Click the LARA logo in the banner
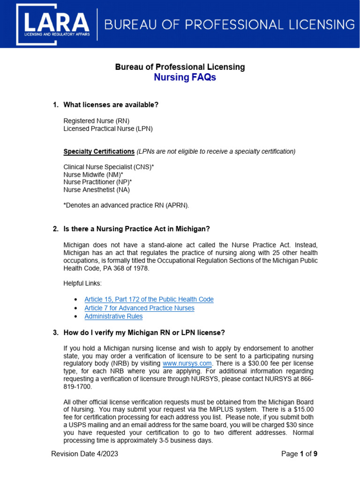click(x=52, y=25)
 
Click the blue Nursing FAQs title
click(x=185, y=77)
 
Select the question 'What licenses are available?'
click(x=111, y=105)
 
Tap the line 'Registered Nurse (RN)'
click(x=96, y=120)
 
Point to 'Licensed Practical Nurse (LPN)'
click(x=108, y=128)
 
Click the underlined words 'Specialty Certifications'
click(x=99, y=151)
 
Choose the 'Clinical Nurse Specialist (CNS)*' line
click(x=109, y=167)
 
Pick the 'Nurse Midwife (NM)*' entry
click(x=93, y=174)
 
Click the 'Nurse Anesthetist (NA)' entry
click(x=97, y=190)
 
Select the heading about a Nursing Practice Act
click(x=136, y=229)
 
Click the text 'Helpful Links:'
click(x=82, y=283)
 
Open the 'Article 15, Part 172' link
click(x=149, y=299)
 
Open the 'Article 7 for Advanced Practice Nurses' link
click(x=139, y=308)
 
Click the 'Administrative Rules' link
click(x=113, y=316)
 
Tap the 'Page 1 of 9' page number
click(x=299, y=454)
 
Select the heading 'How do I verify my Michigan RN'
click(x=144, y=333)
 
